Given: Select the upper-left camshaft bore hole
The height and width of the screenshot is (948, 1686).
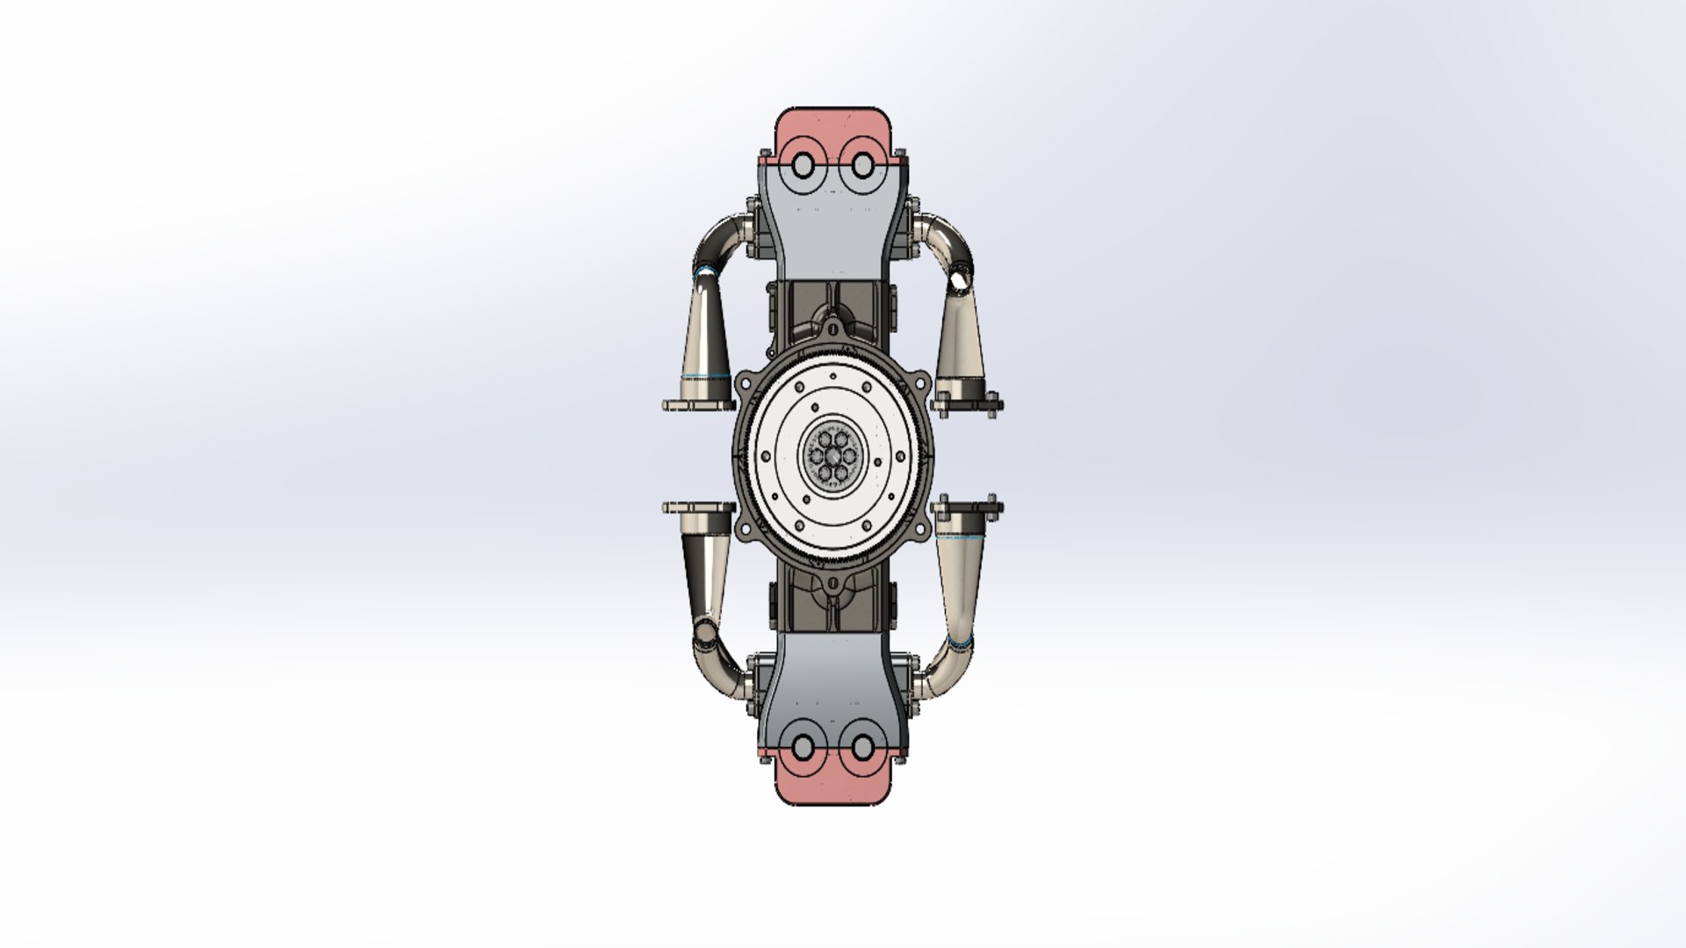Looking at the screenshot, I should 803,165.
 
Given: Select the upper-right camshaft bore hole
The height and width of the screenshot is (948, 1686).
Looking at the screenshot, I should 861,165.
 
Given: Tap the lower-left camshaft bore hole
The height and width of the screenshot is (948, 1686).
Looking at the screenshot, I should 803,747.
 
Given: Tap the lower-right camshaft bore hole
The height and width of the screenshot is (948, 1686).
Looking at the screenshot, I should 861,747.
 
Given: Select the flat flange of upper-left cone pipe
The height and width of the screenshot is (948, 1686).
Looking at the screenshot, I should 698,406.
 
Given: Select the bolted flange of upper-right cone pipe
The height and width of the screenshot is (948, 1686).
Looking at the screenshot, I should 966,405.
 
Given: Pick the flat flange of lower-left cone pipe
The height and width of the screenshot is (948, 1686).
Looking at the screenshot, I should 698,507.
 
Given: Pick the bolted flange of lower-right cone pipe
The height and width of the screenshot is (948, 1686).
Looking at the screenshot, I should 966,507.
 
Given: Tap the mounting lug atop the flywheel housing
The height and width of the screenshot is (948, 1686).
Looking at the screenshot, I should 832,331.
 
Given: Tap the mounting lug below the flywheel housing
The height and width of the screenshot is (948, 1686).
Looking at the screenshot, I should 832,580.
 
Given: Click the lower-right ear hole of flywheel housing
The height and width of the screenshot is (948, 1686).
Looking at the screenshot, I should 921,528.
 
